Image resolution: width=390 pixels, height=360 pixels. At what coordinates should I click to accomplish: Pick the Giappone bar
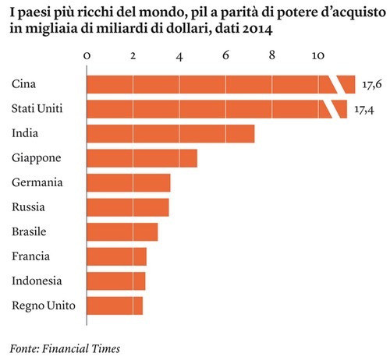141,158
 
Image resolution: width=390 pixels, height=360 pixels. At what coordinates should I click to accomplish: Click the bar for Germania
128,183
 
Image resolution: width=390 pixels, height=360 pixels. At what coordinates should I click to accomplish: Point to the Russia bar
127,207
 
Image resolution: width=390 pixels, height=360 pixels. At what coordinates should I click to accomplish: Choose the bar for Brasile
122,232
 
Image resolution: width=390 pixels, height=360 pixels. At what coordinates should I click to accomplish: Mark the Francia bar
116,256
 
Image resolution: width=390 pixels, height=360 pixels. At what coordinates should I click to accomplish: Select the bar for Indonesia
115,281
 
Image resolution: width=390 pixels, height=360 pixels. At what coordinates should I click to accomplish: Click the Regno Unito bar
115,305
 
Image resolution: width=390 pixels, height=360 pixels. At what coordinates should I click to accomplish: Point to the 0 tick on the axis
87,56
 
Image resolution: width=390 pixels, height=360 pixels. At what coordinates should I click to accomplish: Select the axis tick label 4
179,56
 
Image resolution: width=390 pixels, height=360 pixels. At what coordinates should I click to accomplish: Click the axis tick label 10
317,56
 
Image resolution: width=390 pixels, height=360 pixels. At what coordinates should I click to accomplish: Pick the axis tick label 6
225,56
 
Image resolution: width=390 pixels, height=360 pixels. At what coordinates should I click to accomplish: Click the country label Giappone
37,158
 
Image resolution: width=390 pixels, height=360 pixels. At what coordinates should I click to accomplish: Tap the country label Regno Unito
44,305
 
